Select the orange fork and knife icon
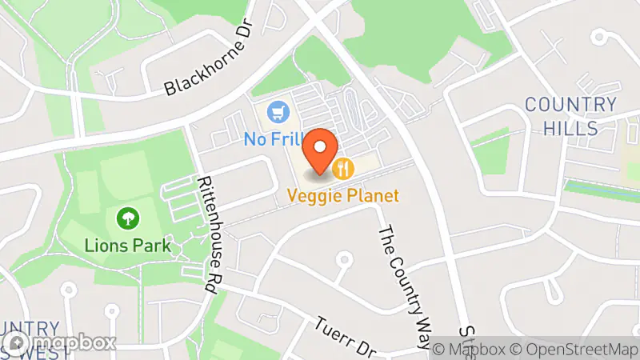pos(345,168)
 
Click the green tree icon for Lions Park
pos(126,218)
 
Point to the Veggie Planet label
pos(344,195)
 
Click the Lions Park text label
pos(128,246)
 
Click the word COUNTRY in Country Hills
pos(570,105)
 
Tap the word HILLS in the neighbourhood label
pos(570,128)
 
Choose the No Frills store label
pos(270,139)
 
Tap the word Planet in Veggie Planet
pos(371,195)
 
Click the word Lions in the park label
pos(106,246)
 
